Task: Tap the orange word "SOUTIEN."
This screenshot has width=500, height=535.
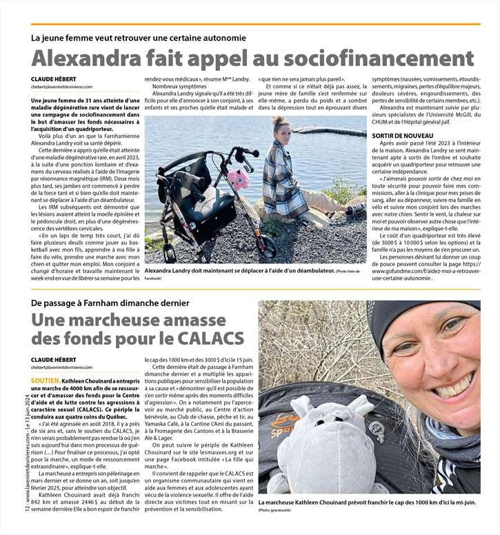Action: click(46, 381)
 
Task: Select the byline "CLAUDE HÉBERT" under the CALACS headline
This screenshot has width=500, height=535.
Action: click(54, 360)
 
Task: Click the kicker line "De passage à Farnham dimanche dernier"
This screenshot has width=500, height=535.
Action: click(110, 303)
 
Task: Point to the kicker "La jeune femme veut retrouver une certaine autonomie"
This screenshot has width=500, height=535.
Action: click(138, 37)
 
